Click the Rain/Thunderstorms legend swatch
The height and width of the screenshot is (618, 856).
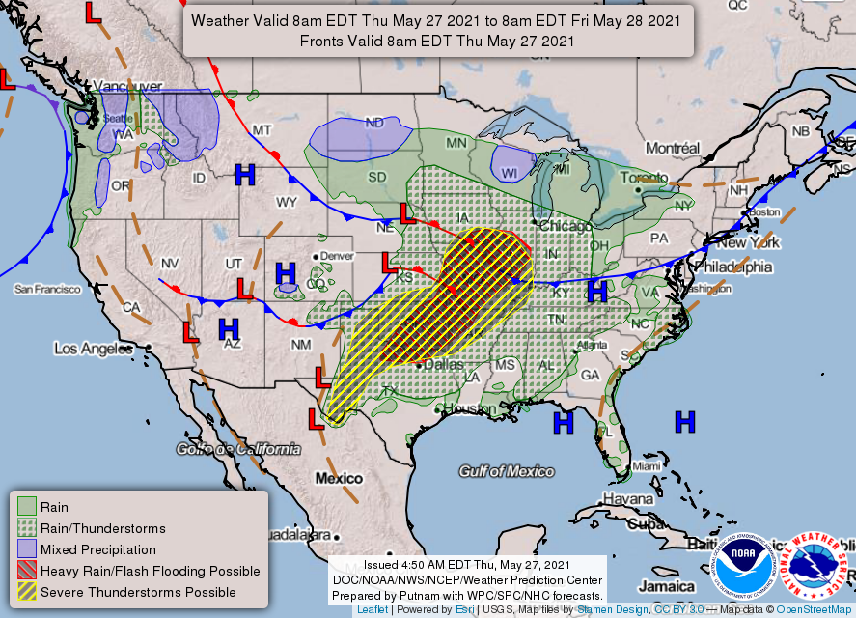[27, 527]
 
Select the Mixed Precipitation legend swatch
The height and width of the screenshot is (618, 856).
[27, 548]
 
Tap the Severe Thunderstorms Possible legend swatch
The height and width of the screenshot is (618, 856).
[27, 591]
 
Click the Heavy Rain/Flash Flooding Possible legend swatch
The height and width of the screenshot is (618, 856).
[27, 570]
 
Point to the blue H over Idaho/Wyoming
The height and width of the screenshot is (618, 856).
[245, 175]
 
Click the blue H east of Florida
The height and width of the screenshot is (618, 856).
[684, 421]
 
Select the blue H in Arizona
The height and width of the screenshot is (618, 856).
[228, 328]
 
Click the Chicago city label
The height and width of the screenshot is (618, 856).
[566, 226]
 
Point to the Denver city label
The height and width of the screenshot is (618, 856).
[338, 255]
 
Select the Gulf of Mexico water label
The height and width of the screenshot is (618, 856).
[507, 471]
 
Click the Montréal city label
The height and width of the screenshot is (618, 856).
[672, 148]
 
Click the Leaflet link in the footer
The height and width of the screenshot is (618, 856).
[373, 610]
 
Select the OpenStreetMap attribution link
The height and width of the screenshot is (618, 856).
[815, 610]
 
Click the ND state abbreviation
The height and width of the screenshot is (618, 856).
[373, 123]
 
